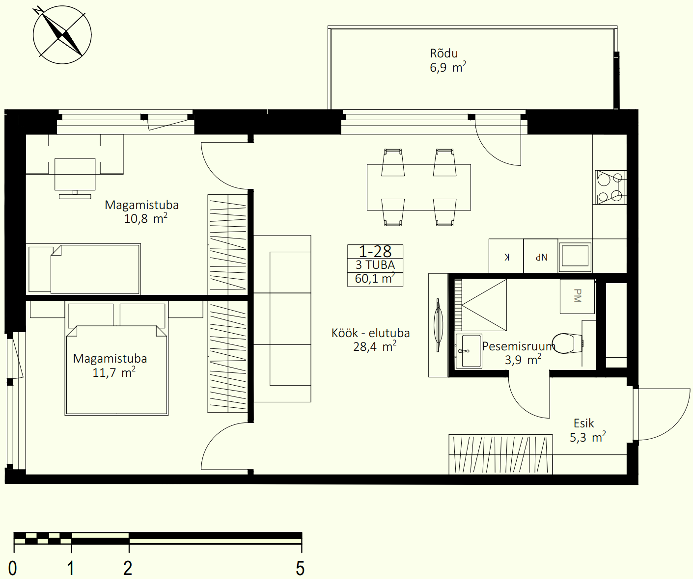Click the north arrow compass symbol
tap(62, 35)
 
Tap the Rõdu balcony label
tap(444, 53)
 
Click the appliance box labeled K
tap(506, 256)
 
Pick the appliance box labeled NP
tap(541, 256)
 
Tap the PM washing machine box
tap(577, 296)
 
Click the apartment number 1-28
tap(375, 252)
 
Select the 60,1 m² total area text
tap(375, 279)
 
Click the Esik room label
tap(583, 423)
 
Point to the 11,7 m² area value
tap(114, 372)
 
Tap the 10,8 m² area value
tap(145, 218)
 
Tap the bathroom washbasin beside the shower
tap(469, 351)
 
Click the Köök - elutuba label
tap(370, 333)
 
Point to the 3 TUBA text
tap(375, 265)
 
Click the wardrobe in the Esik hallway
tap(500, 454)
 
